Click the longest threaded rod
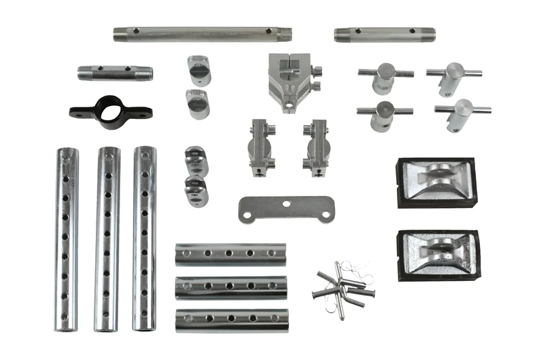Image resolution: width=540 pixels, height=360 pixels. (202, 33)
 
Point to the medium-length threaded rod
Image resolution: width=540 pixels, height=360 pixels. (384, 34)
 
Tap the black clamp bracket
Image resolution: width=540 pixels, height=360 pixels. (110, 111)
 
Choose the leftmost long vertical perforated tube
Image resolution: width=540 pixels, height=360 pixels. (67, 239)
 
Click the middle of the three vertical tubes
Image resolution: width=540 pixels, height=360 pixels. (107, 239)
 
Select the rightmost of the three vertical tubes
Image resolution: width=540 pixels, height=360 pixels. (144, 239)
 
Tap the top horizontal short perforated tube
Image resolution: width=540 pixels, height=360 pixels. (230, 254)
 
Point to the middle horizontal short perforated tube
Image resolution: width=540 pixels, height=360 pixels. (231, 286)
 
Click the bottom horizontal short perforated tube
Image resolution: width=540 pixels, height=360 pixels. (231, 319)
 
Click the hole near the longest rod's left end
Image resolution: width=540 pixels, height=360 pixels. (136, 31)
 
